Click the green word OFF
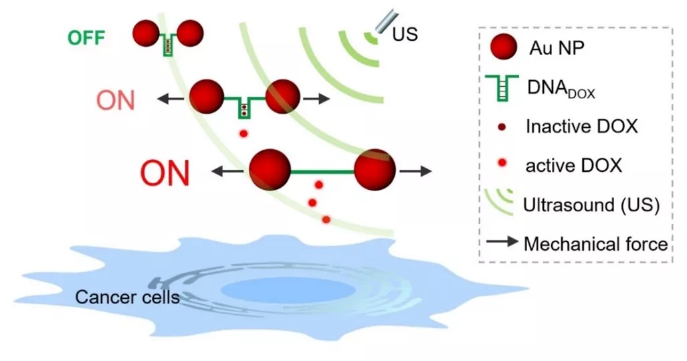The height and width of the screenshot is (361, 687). (86, 37)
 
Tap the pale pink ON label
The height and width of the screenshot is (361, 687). (115, 100)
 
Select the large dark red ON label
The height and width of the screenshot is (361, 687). (165, 173)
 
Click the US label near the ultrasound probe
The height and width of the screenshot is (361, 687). (405, 33)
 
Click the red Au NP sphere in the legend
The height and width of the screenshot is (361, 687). (504, 46)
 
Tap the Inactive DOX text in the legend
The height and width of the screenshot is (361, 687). (581, 126)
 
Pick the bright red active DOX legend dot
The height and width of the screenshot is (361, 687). (502, 163)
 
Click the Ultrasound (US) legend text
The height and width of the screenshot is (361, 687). (591, 205)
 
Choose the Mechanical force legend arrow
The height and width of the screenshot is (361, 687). (502, 241)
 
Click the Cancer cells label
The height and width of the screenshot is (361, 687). (127, 297)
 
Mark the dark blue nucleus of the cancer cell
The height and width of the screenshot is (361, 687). (288, 290)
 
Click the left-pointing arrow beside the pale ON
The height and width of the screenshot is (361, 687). (171, 100)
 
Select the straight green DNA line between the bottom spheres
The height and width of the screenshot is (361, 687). (322, 172)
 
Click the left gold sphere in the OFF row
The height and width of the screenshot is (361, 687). (146, 33)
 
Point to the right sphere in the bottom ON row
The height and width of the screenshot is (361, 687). (375, 170)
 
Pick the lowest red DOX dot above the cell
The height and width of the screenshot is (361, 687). (326, 219)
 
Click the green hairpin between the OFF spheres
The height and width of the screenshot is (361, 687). (167, 44)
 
